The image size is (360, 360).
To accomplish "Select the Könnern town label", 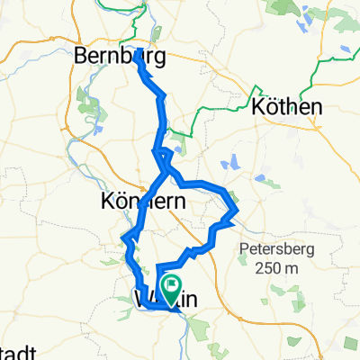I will pos(144,202).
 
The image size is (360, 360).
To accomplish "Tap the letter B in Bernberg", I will pos(84,57).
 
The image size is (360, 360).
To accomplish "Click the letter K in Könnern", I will pos(110,202).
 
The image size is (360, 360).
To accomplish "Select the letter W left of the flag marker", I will pos(142,298).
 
